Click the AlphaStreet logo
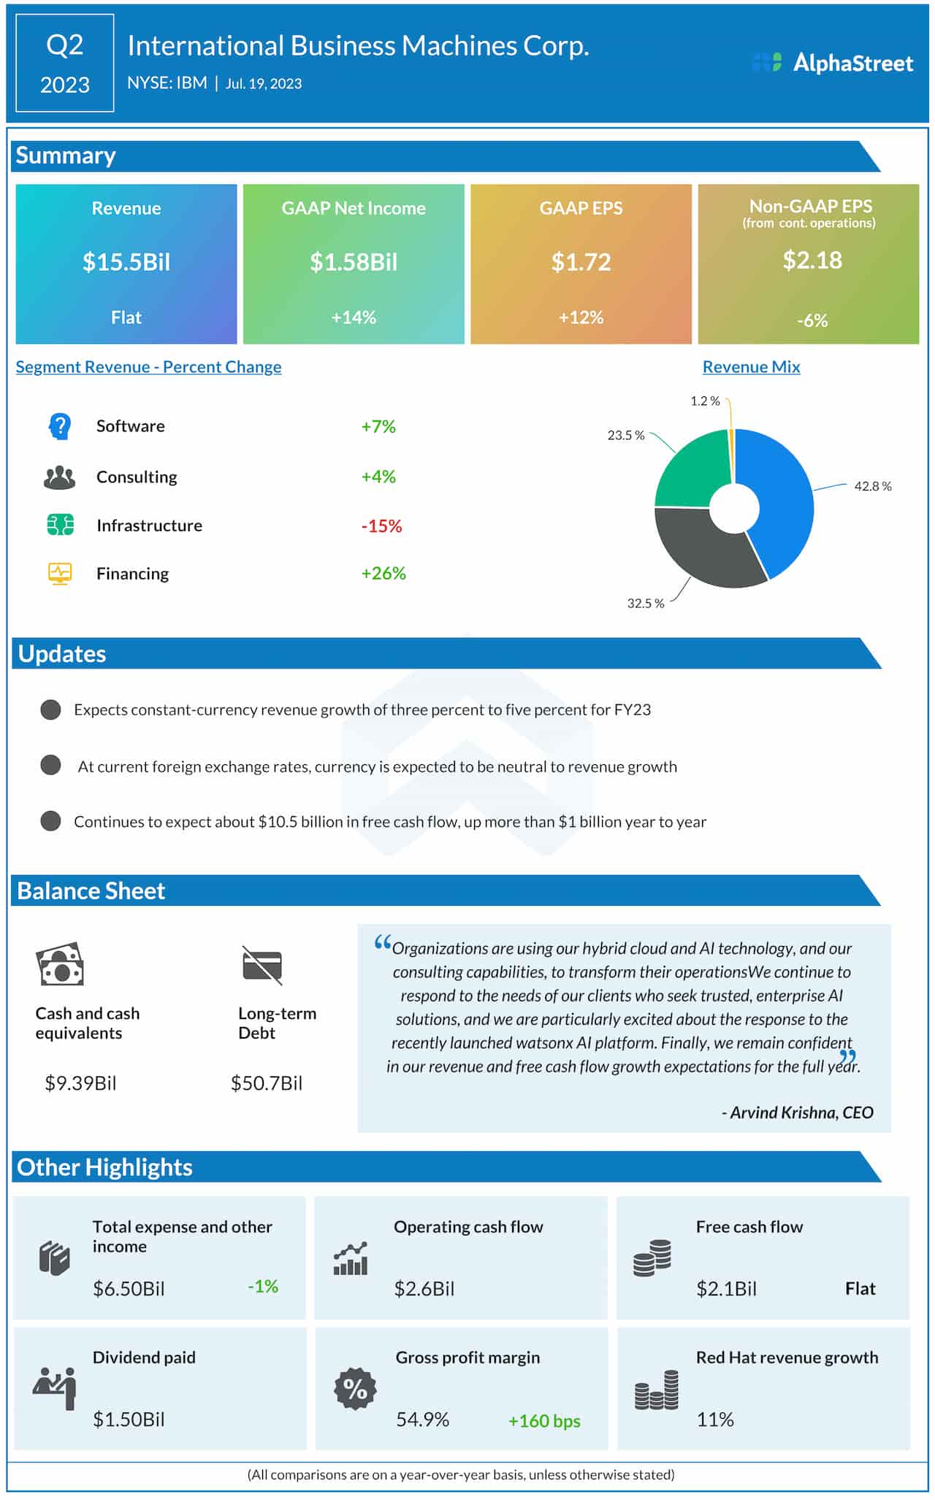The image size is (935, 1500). pyautogui.click(x=833, y=63)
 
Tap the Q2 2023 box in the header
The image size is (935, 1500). pyautogui.click(x=64, y=64)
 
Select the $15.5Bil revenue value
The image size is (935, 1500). pyautogui.click(x=126, y=262)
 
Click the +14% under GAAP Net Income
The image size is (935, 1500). pyautogui.click(x=354, y=318)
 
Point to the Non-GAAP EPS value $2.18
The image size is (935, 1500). pyautogui.click(x=812, y=260)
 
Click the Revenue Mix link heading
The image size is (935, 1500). pyautogui.click(x=751, y=367)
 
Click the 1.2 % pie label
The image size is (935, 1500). pyautogui.click(x=705, y=401)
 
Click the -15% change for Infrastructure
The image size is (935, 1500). pyautogui.click(x=381, y=526)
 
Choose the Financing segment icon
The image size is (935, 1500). pyautogui.click(x=60, y=574)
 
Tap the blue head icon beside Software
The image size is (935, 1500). pyautogui.click(x=60, y=426)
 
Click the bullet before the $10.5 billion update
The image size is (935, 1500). pyautogui.click(x=50, y=821)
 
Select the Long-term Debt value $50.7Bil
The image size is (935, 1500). pyautogui.click(x=266, y=1083)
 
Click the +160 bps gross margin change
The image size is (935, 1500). pyautogui.click(x=544, y=1421)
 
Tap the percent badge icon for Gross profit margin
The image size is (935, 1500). pyautogui.click(x=355, y=1388)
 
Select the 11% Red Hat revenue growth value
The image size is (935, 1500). pyautogui.click(x=714, y=1420)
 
